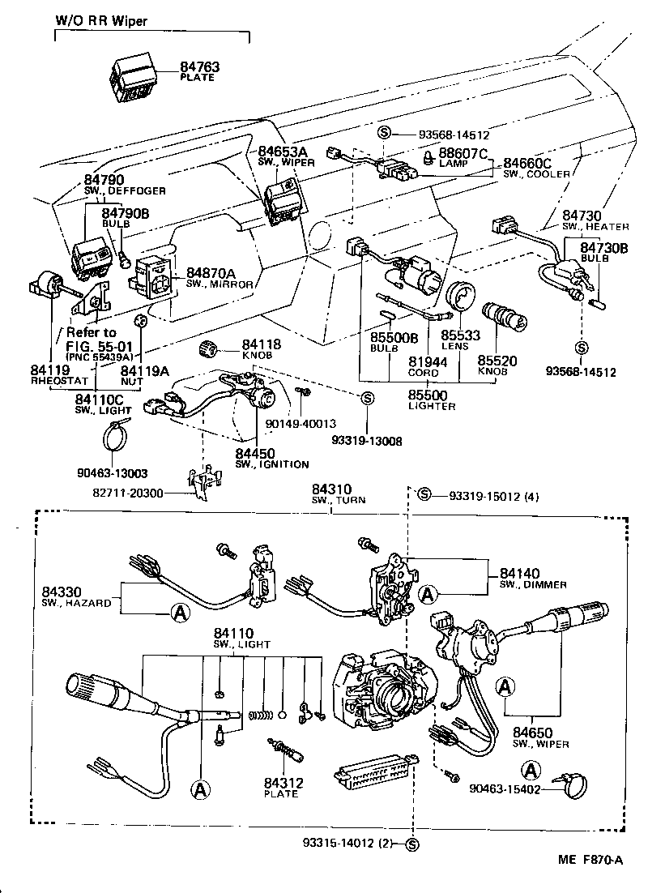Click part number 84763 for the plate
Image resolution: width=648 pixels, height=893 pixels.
click(198, 67)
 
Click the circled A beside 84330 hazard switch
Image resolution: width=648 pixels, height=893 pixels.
click(180, 613)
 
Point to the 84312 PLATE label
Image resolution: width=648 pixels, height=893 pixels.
click(281, 788)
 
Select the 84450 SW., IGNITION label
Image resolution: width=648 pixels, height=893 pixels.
click(271, 458)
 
